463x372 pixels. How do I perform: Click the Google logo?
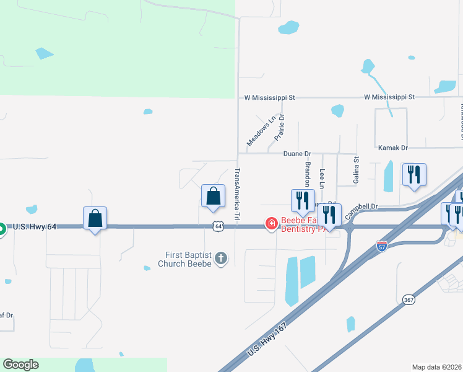point(21,365)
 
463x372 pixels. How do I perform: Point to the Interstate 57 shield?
point(382,246)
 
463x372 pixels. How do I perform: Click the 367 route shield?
point(409,299)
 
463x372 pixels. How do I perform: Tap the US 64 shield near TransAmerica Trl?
point(218,227)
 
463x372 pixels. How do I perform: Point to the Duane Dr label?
point(296,153)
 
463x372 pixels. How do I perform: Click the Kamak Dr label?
point(393,148)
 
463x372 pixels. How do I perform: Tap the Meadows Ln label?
point(261,131)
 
